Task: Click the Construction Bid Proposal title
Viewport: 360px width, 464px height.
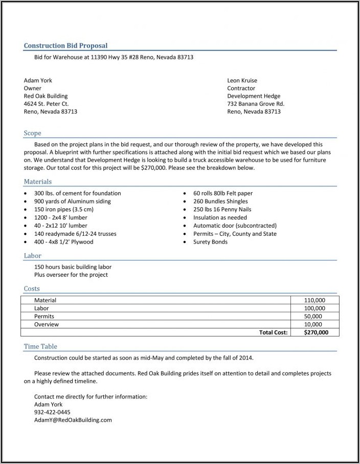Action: click(x=65, y=46)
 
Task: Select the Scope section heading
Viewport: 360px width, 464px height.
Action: click(x=32, y=133)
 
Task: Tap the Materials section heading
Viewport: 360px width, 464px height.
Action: click(x=38, y=182)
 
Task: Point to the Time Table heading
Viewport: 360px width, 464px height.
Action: click(x=40, y=346)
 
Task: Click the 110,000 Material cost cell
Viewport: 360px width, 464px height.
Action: click(x=314, y=300)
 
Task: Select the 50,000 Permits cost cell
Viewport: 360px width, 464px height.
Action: click(x=314, y=317)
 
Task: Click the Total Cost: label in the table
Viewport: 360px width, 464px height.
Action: click(x=274, y=333)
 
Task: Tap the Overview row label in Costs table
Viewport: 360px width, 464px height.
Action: click(x=47, y=324)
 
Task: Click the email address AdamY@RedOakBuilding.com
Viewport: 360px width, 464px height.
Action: click(x=73, y=420)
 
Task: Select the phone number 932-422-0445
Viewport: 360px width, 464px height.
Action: click(x=52, y=412)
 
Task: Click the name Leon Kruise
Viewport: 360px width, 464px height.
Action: click(x=242, y=80)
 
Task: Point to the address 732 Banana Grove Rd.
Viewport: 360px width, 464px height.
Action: click(x=256, y=104)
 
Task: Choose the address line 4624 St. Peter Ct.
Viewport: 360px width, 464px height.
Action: click(x=47, y=104)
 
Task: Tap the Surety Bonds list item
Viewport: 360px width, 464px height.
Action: click(x=210, y=242)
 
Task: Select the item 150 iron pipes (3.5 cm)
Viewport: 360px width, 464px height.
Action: click(x=64, y=209)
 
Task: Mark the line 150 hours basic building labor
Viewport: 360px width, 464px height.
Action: click(x=73, y=267)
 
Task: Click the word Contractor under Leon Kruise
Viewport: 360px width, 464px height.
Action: click(x=241, y=89)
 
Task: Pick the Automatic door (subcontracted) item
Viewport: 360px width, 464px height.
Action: click(x=235, y=226)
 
